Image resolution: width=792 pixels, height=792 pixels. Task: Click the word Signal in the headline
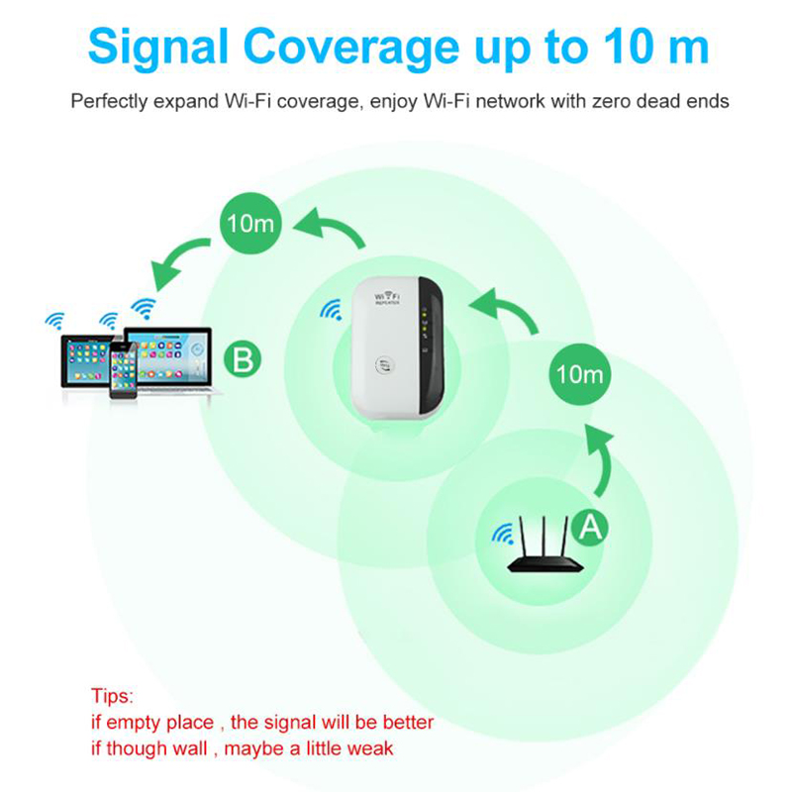[158, 48]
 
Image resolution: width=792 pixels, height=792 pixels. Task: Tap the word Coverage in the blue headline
[352, 48]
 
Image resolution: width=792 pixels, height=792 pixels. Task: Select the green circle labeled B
[243, 359]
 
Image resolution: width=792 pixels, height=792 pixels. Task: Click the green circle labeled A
[590, 527]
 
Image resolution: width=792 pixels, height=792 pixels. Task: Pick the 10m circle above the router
[579, 374]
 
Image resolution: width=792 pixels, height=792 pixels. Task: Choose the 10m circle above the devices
[250, 223]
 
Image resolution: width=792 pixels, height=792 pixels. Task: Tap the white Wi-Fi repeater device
[398, 347]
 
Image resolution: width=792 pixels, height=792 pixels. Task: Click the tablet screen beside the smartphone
[85, 359]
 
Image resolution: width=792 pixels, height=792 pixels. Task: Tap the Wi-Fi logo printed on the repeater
[387, 297]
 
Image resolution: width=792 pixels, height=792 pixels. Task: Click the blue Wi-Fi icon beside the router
[503, 535]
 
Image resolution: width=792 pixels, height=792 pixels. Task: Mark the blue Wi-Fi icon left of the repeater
[332, 309]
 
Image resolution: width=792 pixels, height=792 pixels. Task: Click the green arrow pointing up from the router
[601, 458]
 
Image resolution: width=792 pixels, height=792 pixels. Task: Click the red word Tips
[112, 696]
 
